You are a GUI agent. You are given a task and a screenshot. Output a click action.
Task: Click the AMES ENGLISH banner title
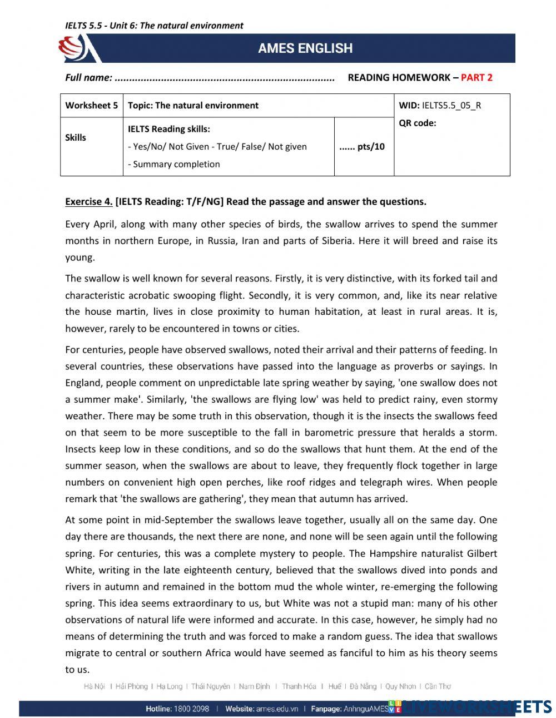click(305, 48)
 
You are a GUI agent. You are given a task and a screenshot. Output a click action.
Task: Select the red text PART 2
click(476, 77)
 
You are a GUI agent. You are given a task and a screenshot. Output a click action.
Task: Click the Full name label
click(88, 77)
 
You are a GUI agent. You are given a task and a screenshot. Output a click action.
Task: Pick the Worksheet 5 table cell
click(91, 105)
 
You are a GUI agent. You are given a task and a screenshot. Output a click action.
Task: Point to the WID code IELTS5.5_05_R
click(451, 105)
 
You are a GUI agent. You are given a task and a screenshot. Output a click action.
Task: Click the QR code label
click(418, 123)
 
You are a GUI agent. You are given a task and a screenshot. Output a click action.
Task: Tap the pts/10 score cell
click(362, 147)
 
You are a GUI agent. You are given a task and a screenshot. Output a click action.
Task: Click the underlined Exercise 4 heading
click(89, 201)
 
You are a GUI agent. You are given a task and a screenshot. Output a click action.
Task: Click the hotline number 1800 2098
click(191, 709)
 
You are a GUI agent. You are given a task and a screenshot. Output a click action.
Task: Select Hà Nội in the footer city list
click(94, 686)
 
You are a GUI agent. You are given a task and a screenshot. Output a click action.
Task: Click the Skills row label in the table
click(76, 137)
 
